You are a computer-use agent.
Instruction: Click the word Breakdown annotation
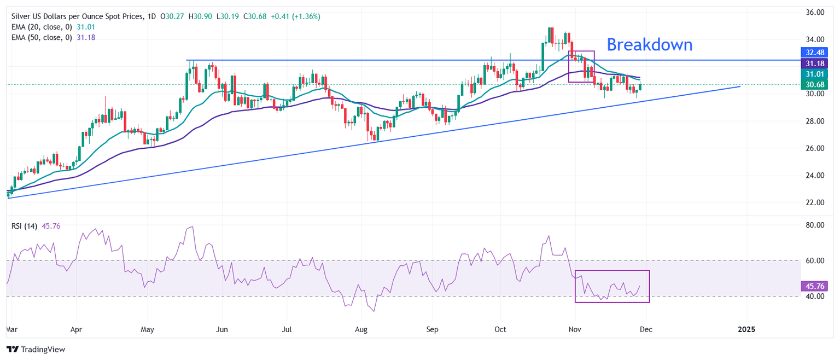coord(649,44)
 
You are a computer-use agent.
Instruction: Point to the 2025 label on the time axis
coord(746,329)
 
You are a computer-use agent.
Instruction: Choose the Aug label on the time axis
coord(361,329)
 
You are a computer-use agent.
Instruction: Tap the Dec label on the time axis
coord(646,329)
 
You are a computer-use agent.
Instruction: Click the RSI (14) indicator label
coord(24,226)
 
